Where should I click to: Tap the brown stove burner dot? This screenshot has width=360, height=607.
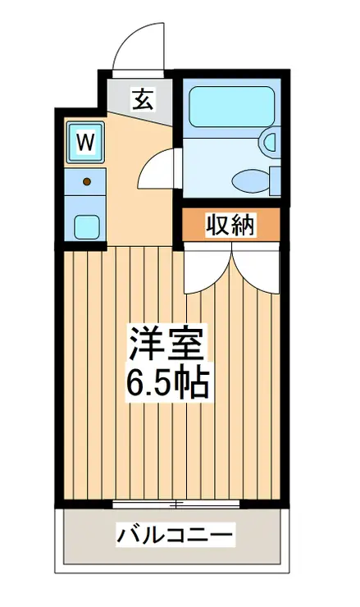click(x=86, y=179)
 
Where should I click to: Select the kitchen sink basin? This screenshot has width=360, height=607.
click(x=85, y=224)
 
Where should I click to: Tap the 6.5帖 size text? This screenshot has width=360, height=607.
click(x=168, y=382)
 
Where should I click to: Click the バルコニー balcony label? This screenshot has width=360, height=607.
click(x=175, y=536)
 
